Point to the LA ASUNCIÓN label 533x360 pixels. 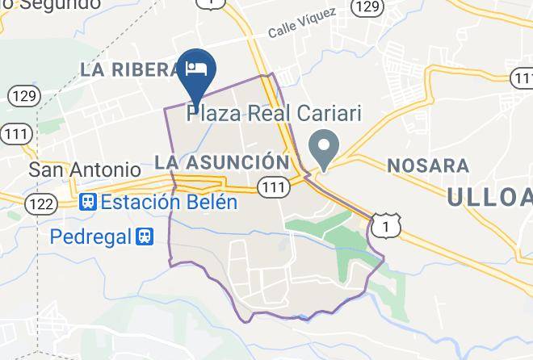(x=220, y=162)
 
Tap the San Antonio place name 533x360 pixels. (x=84, y=170)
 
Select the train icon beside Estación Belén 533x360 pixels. (x=87, y=202)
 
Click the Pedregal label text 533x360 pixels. (x=90, y=237)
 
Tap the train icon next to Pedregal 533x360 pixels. (x=145, y=237)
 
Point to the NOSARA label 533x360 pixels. (x=428, y=165)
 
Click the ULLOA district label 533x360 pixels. (x=489, y=195)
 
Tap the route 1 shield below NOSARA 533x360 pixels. (x=387, y=228)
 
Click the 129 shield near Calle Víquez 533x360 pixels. (x=367, y=7)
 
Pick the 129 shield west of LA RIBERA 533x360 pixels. (x=23, y=96)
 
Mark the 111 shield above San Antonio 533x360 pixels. (x=17, y=133)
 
